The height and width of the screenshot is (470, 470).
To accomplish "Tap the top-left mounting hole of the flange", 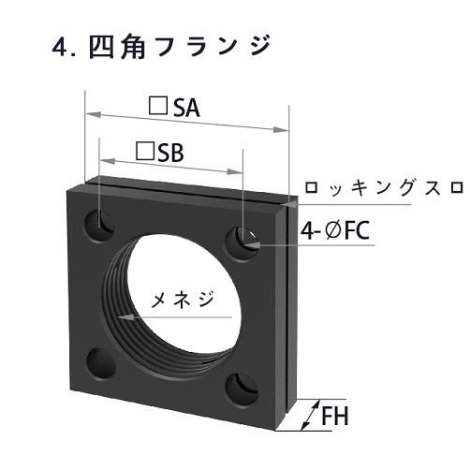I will [99, 226].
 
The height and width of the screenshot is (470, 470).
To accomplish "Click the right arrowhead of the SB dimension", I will [238, 171].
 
